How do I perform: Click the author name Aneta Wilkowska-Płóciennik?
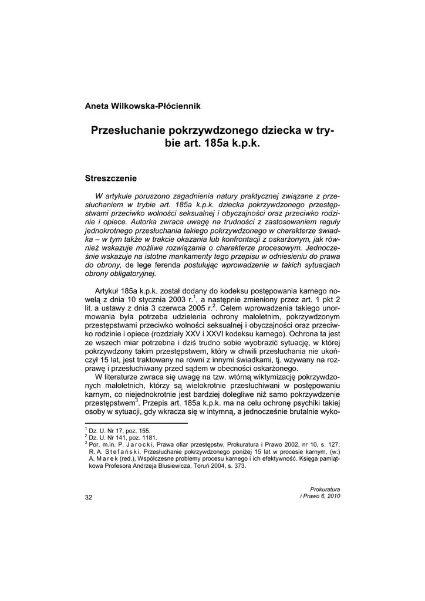coord(143,106)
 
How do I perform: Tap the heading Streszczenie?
coord(111,177)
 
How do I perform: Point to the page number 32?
coord(89,497)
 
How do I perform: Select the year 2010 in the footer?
coord(332,496)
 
